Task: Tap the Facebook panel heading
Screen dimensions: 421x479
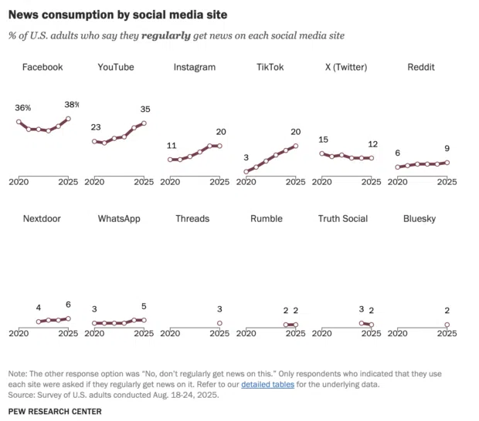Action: click(x=42, y=67)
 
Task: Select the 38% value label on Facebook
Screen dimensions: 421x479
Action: click(x=71, y=104)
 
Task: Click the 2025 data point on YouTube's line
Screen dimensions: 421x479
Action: click(x=144, y=123)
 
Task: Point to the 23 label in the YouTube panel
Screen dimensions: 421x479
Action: click(x=96, y=127)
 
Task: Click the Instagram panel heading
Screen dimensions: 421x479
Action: click(x=194, y=67)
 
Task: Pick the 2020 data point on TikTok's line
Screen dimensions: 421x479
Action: click(x=246, y=172)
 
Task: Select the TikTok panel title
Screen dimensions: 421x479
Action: click(x=270, y=67)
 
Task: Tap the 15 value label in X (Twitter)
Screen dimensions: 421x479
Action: click(x=324, y=140)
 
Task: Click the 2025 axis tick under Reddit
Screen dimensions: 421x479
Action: click(x=447, y=183)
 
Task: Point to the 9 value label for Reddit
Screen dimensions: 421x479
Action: click(x=447, y=148)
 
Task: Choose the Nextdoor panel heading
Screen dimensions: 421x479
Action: click(x=42, y=218)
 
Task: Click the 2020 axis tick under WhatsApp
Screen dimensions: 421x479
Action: click(x=94, y=333)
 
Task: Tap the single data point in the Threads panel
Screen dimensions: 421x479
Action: click(x=219, y=323)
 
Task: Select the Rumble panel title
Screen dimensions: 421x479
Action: click(x=267, y=218)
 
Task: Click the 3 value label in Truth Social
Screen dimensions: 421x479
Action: click(x=361, y=309)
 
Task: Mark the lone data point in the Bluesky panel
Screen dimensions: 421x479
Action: click(x=447, y=325)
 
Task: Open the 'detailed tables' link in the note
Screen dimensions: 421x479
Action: click(x=267, y=384)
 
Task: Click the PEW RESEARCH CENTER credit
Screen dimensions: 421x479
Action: click(x=55, y=411)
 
